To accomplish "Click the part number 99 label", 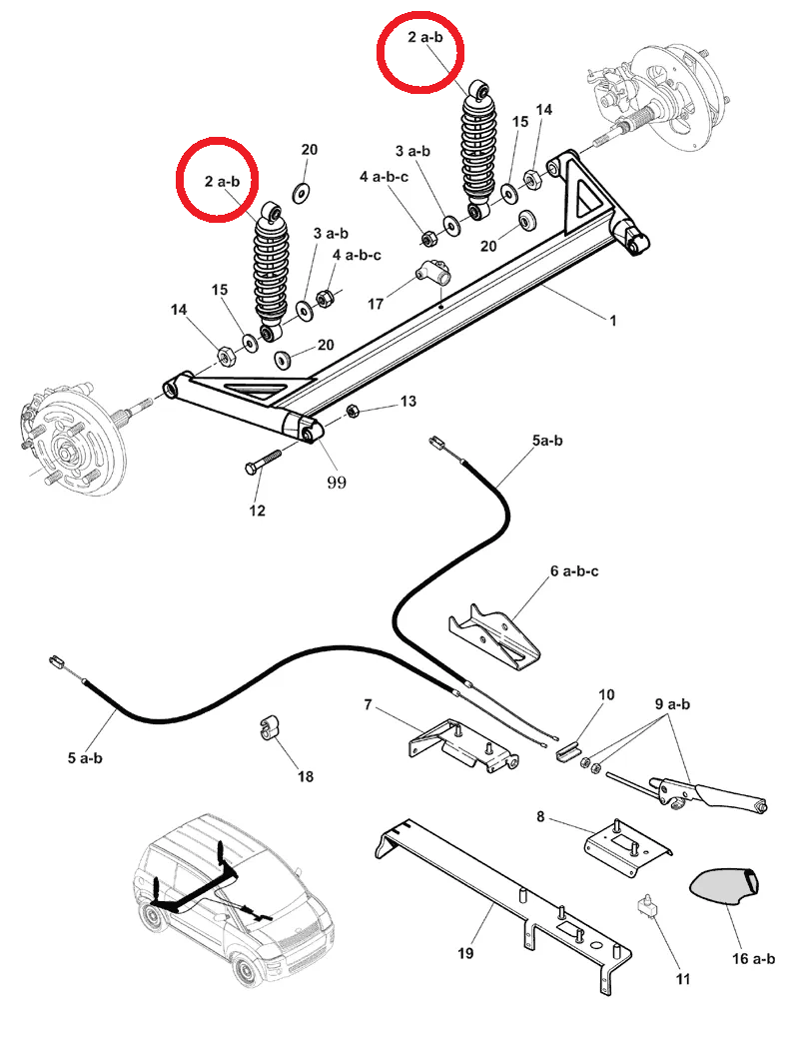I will point(336,483).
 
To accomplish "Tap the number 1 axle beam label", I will point(612,321).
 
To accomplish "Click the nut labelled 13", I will point(353,412).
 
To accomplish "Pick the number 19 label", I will point(464,953).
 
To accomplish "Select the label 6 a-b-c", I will point(573,571).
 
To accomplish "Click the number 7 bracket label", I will point(368,705).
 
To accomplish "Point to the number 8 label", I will point(540,816).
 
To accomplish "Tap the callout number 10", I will point(606,694).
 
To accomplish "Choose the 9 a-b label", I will point(673,703).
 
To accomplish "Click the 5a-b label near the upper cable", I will point(547,440).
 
